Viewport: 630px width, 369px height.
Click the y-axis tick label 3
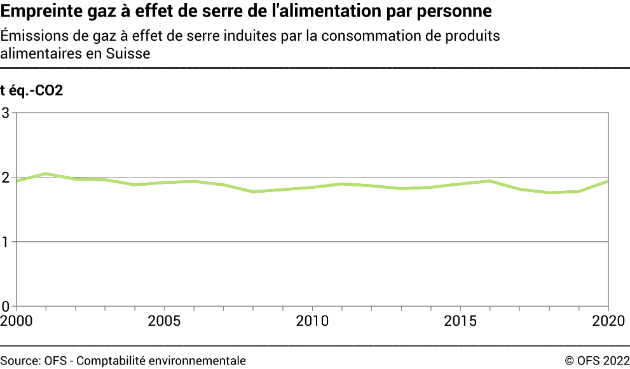tap(6, 113)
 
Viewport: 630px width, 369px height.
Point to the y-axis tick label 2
tap(6, 178)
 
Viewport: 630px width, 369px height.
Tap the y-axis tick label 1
tap(6, 242)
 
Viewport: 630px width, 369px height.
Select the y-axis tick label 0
tap(6, 306)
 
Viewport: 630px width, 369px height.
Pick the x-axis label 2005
tap(165, 320)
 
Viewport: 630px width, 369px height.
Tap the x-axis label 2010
tap(313, 320)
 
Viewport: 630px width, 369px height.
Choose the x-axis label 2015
tap(461, 320)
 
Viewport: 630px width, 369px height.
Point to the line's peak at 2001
tap(46, 174)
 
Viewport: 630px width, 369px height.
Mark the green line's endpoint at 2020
tap(608, 181)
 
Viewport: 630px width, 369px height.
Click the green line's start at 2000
tap(17, 181)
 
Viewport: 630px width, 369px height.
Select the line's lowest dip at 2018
tap(549, 193)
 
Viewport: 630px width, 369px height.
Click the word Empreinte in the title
tap(34, 11)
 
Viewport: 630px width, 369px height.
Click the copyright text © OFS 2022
tap(596, 360)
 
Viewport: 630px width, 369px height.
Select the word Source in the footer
tap(18, 360)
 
